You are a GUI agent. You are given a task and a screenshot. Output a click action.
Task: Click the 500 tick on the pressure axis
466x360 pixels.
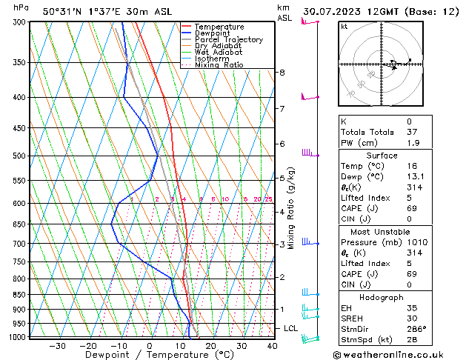tap(20, 156)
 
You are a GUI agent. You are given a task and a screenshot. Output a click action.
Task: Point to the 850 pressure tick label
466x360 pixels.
tap(20, 294)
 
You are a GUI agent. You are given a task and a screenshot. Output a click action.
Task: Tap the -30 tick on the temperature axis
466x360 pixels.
tap(57, 345)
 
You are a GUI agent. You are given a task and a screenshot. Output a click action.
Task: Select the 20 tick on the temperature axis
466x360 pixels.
tap(211, 345)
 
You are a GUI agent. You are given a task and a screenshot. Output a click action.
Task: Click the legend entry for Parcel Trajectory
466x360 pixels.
tap(228, 40)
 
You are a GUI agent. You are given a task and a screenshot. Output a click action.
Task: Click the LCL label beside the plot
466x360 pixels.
tap(291, 328)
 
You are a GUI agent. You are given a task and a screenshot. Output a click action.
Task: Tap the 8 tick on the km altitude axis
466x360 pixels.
tap(282, 72)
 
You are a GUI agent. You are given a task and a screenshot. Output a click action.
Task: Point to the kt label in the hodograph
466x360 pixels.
tap(344, 26)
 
